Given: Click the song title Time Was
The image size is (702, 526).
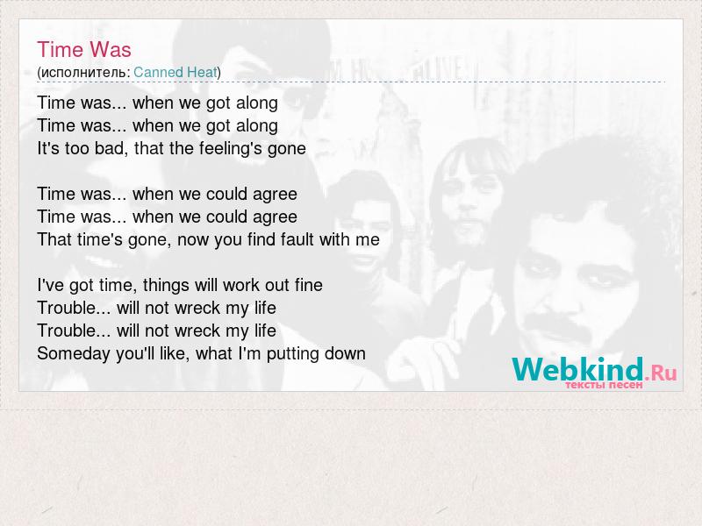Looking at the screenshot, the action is pyautogui.click(x=84, y=50).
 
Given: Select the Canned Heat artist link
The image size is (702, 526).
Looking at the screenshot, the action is pyautogui.click(x=175, y=72).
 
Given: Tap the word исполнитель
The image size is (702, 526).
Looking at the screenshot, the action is pyautogui.click(x=83, y=73).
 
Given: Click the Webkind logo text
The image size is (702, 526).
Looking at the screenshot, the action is pyautogui.click(x=577, y=369).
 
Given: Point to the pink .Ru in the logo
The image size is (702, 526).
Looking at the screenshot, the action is pyautogui.click(x=662, y=372).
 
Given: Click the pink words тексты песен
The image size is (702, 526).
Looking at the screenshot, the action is pyautogui.click(x=604, y=385).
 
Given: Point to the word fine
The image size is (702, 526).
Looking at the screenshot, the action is pyautogui.click(x=309, y=285).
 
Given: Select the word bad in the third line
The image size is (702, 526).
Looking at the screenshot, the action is pyautogui.click(x=103, y=148).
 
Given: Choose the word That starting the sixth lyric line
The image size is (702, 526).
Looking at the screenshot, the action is pyautogui.click(x=54, y=239).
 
